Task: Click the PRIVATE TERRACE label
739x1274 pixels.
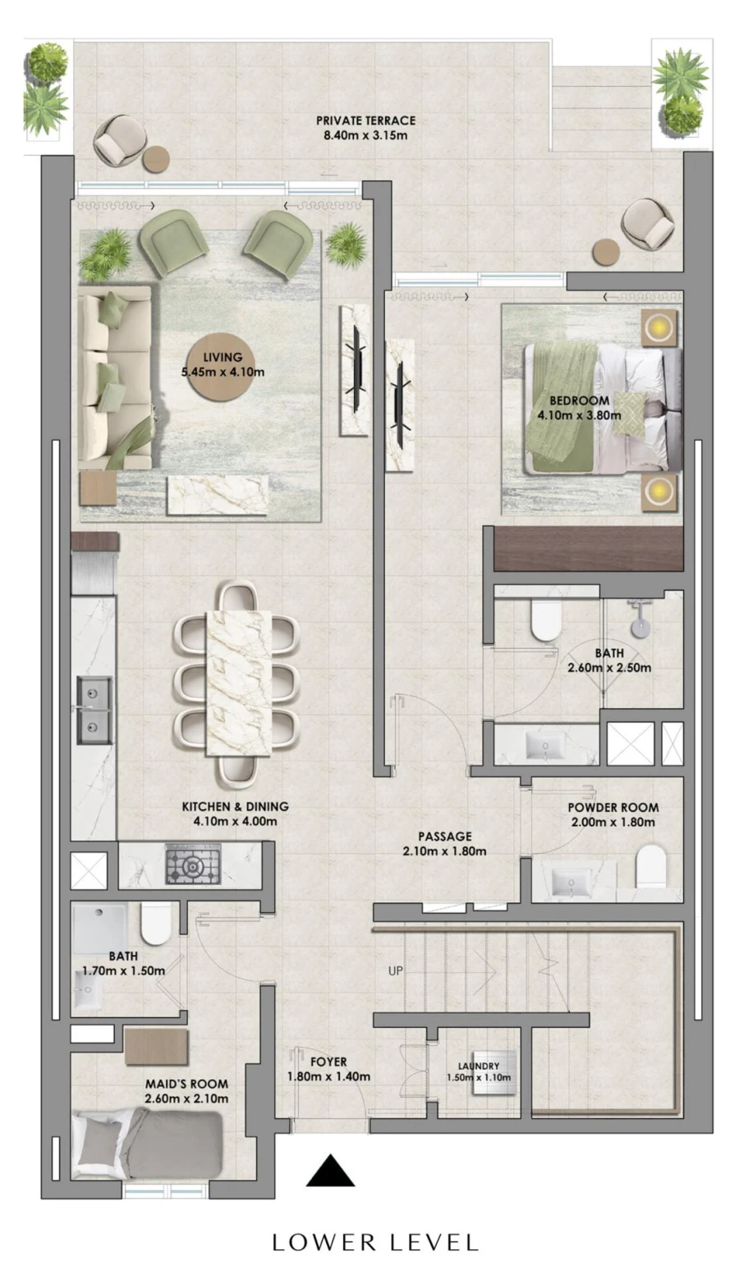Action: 365,121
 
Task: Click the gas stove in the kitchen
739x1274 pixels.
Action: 193,865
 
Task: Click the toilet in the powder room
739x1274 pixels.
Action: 652,866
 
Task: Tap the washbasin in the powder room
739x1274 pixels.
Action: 567,883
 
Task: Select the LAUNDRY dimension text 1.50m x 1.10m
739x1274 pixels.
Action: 479,1078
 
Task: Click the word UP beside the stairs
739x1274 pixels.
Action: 396,971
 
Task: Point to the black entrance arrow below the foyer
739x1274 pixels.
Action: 330,1171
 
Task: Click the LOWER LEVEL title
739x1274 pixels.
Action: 375,1243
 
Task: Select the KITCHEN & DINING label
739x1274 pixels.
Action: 235,806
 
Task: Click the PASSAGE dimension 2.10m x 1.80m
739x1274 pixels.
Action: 444,851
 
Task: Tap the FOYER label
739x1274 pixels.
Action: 328,1062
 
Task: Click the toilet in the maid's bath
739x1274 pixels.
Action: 155,925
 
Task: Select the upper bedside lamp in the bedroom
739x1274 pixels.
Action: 659,328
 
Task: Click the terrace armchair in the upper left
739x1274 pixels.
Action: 119,140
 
